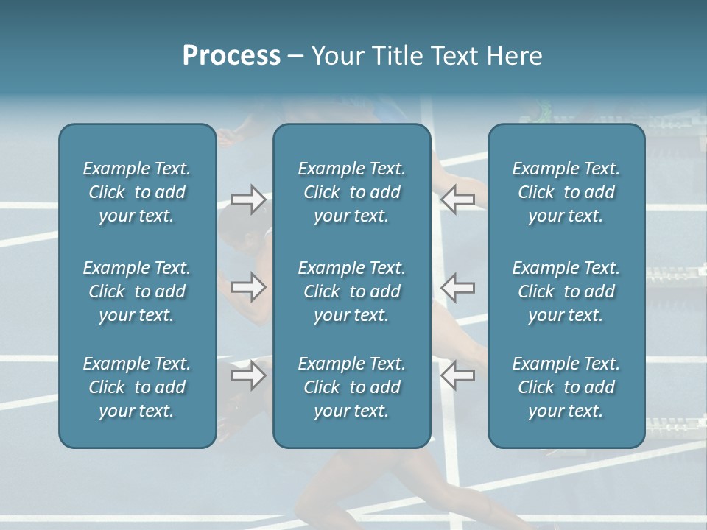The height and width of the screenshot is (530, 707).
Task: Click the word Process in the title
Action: click(x=231, y=56)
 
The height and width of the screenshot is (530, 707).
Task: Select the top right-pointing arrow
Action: click(x=248, y=199)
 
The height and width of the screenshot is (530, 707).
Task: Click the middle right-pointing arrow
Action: click(x=248, y=287)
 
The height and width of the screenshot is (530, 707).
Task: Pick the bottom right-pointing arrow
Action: click(x=248, y=375)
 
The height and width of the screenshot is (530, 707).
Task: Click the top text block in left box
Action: click(x=137, y=192)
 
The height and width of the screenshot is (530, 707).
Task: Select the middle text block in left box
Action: click(x=137, y=291)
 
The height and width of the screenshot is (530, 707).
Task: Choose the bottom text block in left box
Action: click(x=137, y=387)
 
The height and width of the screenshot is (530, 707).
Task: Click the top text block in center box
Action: click(x=351, y=192)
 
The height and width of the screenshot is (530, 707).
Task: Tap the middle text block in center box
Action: click(x=351, y=291)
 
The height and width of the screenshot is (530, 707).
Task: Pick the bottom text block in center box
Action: click(x=351, y=387)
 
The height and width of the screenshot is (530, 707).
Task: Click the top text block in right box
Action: click(x=566, y=192)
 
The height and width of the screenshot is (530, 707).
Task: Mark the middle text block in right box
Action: click(x=566, y=291)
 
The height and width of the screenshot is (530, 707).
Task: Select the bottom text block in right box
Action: click(x=566, y=387)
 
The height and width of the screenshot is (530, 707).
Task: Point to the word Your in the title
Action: click(x=336, y=56)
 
